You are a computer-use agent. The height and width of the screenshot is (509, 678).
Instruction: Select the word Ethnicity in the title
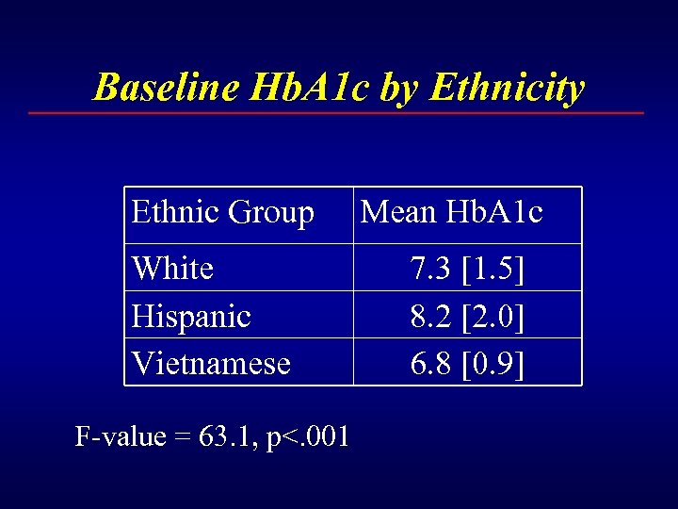[x=507, y=88]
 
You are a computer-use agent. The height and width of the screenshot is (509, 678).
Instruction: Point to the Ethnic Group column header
[x=223, y=213]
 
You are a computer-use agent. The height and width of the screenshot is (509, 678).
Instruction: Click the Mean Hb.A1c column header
[x=452, y=213]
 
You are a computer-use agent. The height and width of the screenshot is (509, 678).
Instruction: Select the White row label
[x=173, y=269]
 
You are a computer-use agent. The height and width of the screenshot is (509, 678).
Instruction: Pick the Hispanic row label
[x=191, y=316]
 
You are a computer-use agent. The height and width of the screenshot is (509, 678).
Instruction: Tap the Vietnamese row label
[x=211, y=363]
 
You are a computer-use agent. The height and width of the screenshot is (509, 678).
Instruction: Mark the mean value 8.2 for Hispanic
[x=432, y=316]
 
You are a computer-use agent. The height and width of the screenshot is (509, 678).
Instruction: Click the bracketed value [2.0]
[x=494, y=316]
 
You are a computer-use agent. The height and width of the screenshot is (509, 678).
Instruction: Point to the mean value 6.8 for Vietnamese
[x=432, y=363]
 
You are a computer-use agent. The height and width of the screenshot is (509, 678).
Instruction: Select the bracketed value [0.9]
[x=494, y=363]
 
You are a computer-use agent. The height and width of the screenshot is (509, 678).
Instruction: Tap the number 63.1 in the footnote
[x=226, y=436]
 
